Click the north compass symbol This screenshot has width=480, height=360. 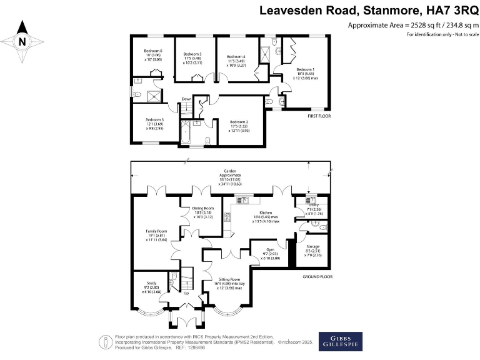22,42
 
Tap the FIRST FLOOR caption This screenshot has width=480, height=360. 319,117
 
